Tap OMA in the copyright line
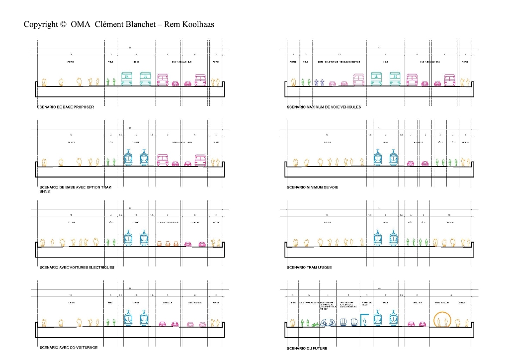pyautogui.click(x=81, y=24)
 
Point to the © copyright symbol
pyautogui.click(x=63, y=24)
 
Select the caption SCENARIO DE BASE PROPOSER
pyautogui.click(x=66, y=107)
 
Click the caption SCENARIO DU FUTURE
pyautogui.click(x=307, y=349)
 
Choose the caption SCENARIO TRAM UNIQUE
pyautogui.click(x=309, y=268)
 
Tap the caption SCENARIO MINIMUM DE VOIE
pyautogui.click(x=313, y=187)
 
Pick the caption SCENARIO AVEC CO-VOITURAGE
pyautogui.click(x=69, y=348)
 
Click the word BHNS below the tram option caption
pyautogui.click(x=45, y=191)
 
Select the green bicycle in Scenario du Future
pyautogui.click(x=315, y=325)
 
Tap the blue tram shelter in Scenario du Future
pyautogui.click(x=364, y=320)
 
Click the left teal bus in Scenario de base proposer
pyautogui.click(x=127, y=79)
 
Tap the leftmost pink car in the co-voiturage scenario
pyautogui.click(x=162, y=325)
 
